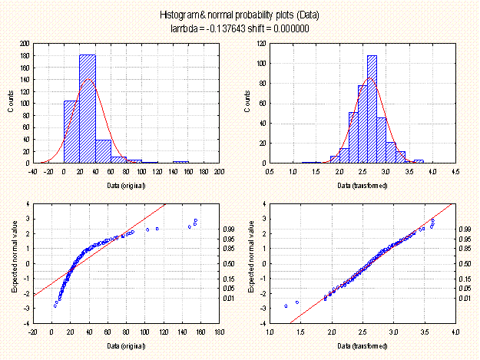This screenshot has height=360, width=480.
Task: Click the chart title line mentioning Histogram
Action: pos(239,15)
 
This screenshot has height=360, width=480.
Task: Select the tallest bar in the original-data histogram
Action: pos(88,108)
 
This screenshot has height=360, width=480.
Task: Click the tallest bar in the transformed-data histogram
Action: pos(372,108)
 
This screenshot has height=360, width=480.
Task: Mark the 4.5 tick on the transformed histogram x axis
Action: pos(455,170)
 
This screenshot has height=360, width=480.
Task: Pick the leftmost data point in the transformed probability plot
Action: pos(286,306)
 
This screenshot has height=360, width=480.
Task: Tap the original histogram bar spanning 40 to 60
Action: pos(104,151)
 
